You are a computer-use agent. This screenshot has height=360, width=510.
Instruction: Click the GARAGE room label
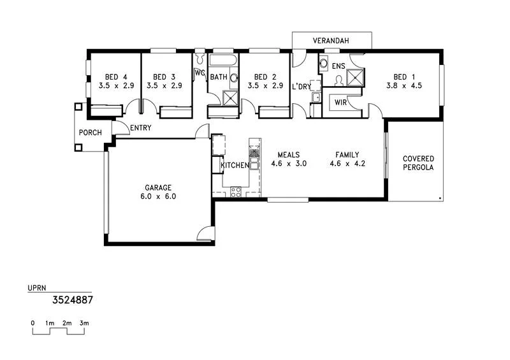tap(158, 188)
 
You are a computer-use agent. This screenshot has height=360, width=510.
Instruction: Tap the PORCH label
tap(91, 133)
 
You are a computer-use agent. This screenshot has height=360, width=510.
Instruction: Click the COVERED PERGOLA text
tap(418, 163)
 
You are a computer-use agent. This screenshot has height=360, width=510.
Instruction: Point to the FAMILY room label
tap(347, 155)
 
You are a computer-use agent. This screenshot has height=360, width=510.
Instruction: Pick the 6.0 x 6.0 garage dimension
tap(158, 197)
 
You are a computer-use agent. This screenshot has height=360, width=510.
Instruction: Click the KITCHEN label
tap(235, 166)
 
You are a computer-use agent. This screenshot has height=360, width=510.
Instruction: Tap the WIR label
tap(340, 102)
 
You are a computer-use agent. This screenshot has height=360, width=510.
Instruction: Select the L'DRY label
tap(301, 86)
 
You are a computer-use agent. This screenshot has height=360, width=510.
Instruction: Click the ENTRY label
tap(140, 128)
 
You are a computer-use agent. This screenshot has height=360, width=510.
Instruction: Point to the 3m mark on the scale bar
tap(84, 324)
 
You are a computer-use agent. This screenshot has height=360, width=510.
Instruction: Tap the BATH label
tap(219, 77)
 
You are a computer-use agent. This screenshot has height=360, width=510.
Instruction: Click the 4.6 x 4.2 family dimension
tap(347, 164)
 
